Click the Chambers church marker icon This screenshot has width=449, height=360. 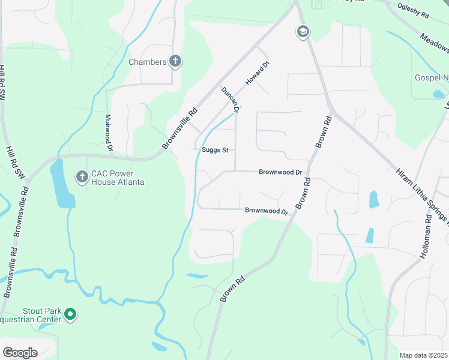[x=175, y=61]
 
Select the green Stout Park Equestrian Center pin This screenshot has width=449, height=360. [x=70, y=314]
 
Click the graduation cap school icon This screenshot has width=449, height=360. [x=303, y=32]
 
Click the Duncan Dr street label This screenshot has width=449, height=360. [x=231, y=100]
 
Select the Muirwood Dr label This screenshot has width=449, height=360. [x=109, y=131]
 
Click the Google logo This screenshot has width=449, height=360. [x=20, y=353]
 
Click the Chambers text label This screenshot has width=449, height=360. [x=148, y=62]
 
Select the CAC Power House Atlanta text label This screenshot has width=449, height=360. [x=118, y=178]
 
